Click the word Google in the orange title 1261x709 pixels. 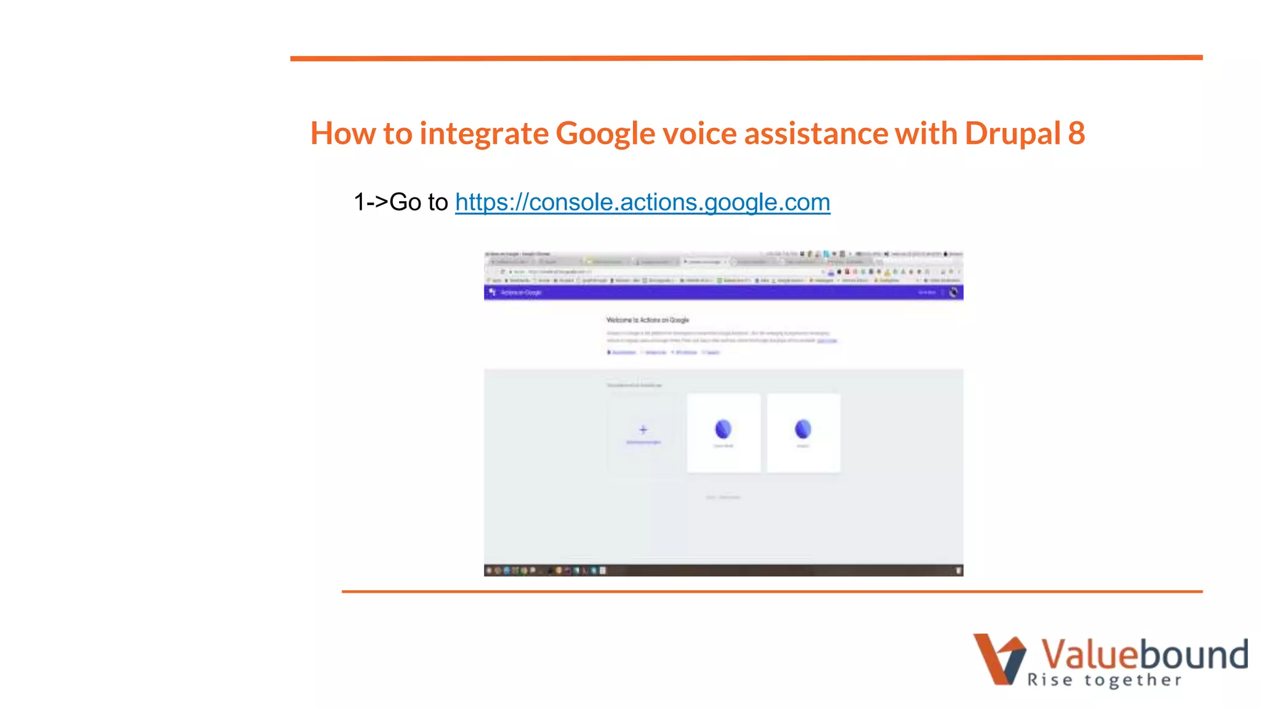605,134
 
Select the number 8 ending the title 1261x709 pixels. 1076,133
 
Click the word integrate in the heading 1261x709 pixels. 484,134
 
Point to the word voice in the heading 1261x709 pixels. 699,133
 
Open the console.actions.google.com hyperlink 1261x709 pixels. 642,202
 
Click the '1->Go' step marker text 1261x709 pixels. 387,202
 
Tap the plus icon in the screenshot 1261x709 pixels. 643,430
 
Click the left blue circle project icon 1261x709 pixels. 723,428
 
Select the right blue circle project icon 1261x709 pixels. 803,428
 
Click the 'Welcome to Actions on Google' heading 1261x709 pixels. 647,320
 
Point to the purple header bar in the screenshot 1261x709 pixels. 723,292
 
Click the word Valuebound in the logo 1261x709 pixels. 1143,654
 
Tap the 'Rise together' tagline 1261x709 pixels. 1104,680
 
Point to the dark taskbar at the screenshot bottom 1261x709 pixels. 723,571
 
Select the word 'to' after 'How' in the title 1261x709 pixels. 397,133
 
